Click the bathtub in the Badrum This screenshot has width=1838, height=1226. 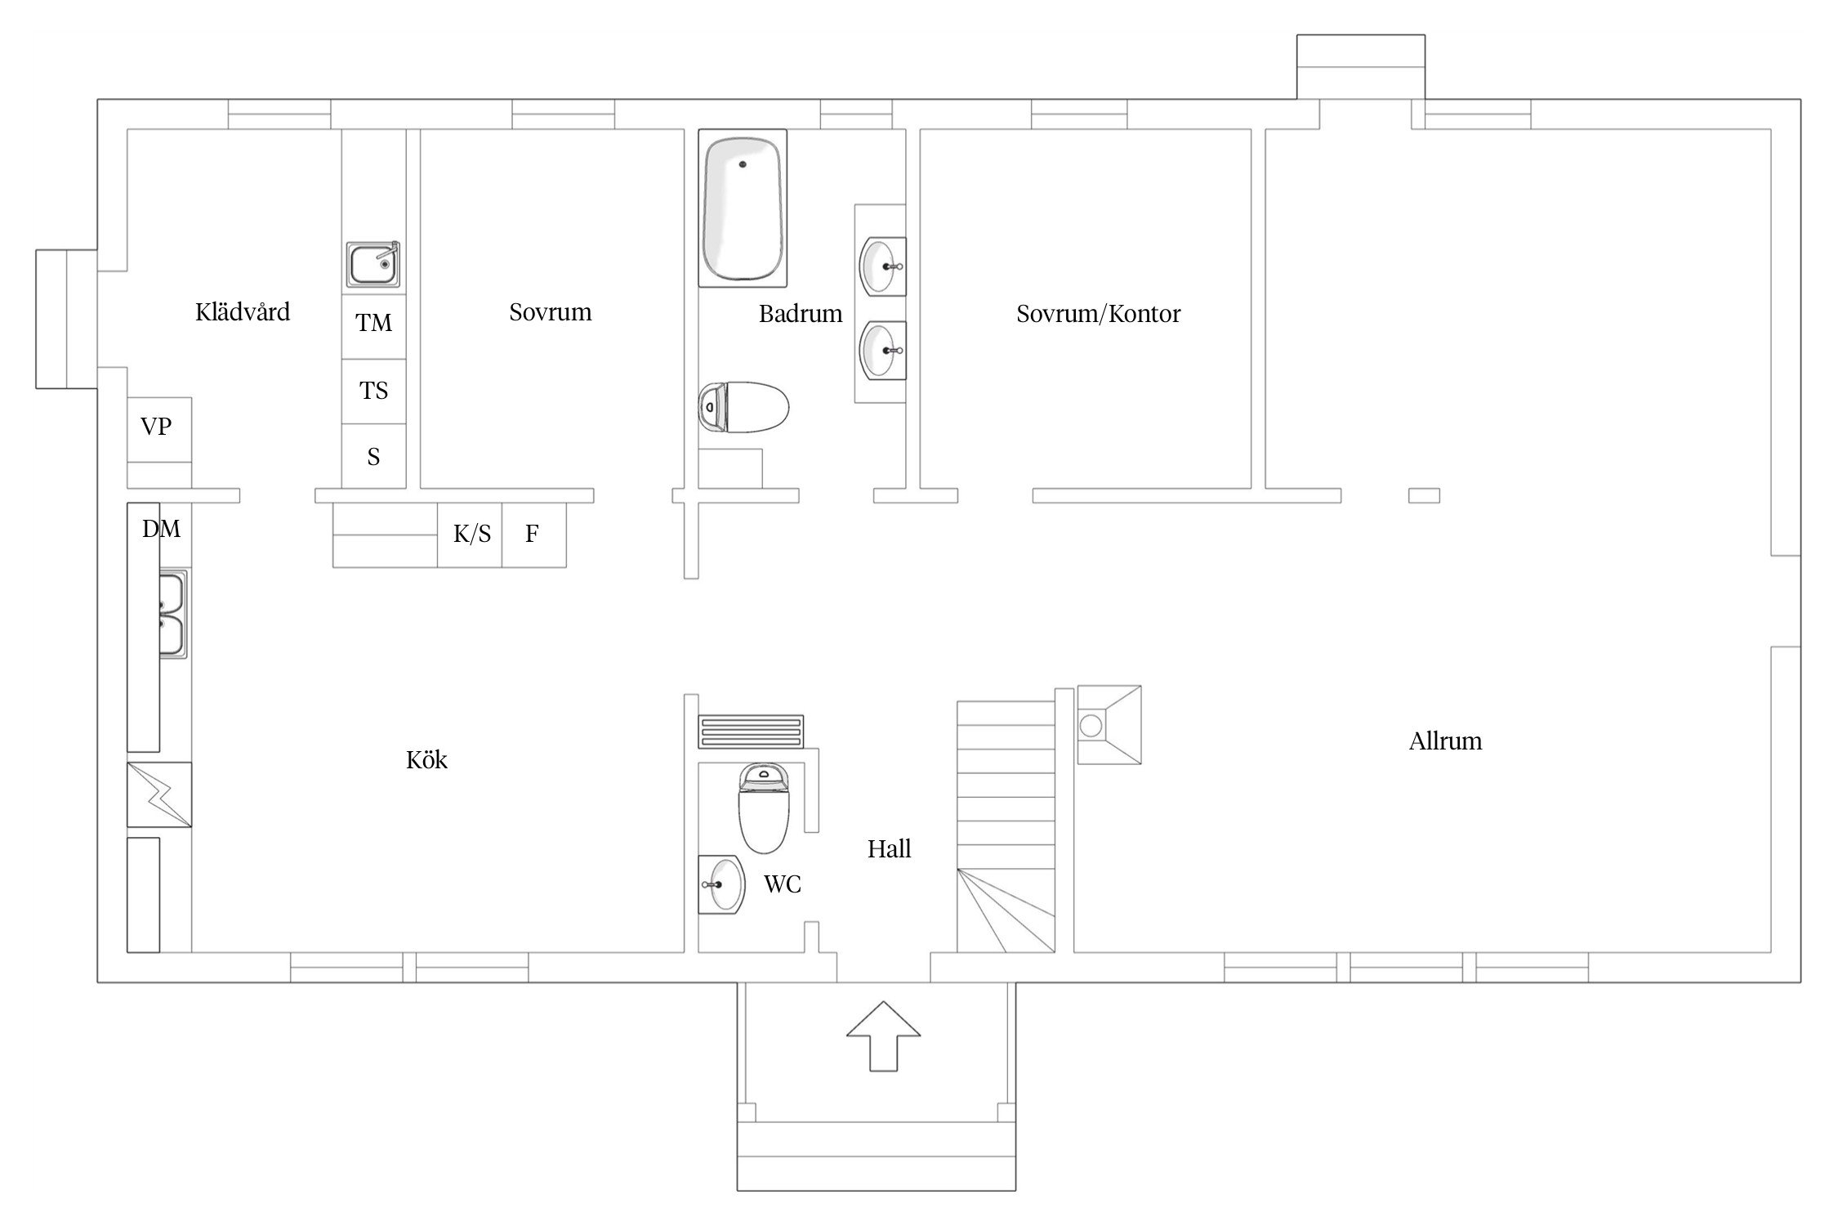(743, 208)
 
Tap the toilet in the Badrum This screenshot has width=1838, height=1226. (744, 407)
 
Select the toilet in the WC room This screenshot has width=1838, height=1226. (765, 808)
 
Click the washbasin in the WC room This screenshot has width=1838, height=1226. (722, 884)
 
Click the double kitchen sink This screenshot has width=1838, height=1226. (172, 614)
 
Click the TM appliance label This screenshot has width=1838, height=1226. (374, 323)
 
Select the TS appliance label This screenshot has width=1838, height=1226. (374, 391)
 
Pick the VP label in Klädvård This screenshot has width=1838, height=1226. (156, 426)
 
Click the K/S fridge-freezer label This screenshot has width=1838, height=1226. (472, 534)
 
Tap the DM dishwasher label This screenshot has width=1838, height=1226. (162, 529)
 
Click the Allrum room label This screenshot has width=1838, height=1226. (1445, 741)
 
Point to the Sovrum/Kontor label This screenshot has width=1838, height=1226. (1099, 314)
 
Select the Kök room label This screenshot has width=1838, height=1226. (426, 760)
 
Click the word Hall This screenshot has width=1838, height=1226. (889, 849)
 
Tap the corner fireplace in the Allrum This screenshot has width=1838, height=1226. (1109, 725)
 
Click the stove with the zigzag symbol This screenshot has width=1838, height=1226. (159, 794)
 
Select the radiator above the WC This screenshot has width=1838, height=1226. (751, 732)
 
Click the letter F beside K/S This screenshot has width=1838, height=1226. (532, 534)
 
